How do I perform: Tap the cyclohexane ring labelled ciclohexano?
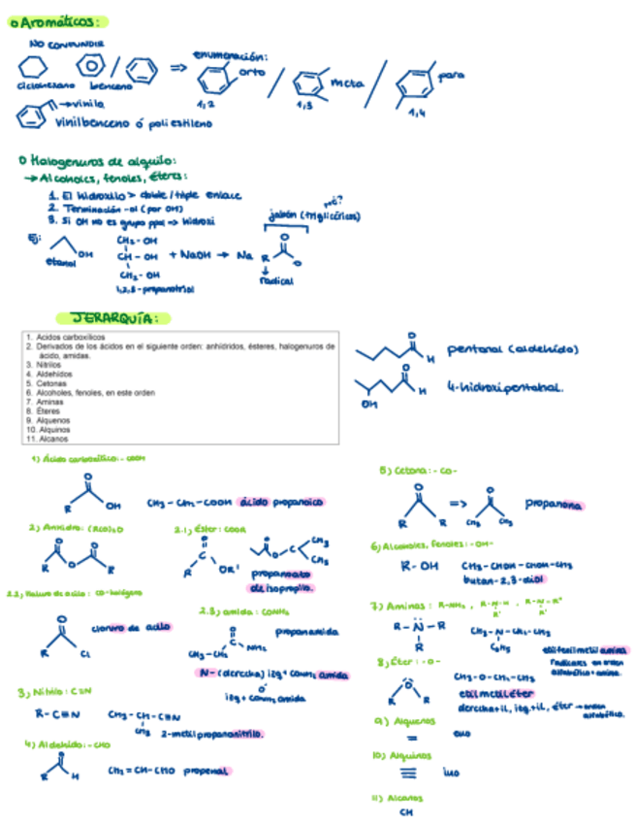pyautogui.click(x=34, y=68)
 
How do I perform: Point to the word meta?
pyautogui.click(x=347, y=84)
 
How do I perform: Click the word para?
pyautogui.click(x=452, y=74)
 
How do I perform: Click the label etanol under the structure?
pyautogui.click(x=58, y=261)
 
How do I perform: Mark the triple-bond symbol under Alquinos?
pyautogui.click(x=408, y=774)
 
